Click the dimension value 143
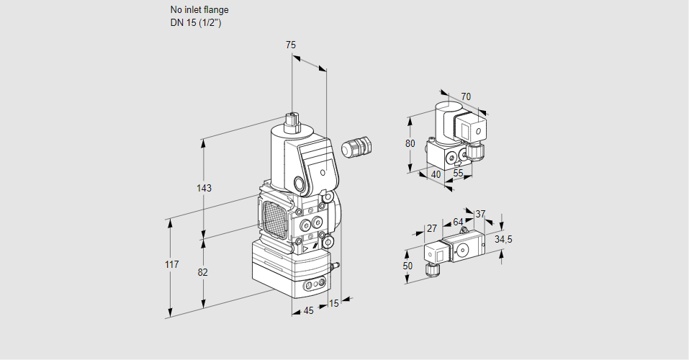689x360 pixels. (204, 189)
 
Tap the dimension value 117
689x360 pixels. (171, 265)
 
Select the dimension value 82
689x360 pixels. (203, 272)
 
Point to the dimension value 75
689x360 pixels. (291, 45)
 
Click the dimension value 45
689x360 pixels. (308, 310)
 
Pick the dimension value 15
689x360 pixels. (333, 303)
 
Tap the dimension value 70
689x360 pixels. (466, 96)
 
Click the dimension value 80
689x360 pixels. (410, 143)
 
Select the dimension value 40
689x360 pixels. (436, 174)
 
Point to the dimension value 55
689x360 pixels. (459, 174)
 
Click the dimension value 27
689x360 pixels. (432, 228)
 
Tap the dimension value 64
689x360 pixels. (458, 222)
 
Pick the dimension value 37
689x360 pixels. (481, 214)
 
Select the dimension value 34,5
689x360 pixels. (503, 239)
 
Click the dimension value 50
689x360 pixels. (408, 266)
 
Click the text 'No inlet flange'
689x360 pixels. (199, 10)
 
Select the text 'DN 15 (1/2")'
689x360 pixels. (195, 22)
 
